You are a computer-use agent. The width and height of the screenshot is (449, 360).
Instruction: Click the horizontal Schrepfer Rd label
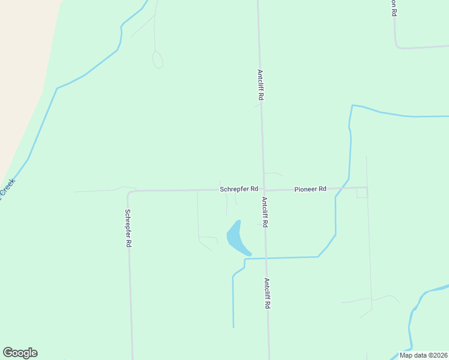(x=239, y=189)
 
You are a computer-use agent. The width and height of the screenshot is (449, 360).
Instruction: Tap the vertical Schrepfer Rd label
(x=128, y=228)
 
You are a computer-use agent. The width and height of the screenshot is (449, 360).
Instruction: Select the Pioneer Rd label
(x=310, y=189)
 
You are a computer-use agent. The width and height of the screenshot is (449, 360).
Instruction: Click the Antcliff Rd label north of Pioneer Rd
(x=261, y=85)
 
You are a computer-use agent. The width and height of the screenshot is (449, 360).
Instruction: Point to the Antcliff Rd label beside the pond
(x=264, y=212)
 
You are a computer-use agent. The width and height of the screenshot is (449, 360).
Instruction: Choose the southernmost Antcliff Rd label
(x=267, y=293)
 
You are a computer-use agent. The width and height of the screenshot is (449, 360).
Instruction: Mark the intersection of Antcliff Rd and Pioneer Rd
(x=264, y=190)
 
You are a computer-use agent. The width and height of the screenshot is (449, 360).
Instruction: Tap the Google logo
(x=20, y=353)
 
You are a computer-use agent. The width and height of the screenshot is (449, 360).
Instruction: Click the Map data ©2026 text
(x=423, y=355)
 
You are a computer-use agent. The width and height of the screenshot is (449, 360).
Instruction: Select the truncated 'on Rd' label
(x=394, y=8)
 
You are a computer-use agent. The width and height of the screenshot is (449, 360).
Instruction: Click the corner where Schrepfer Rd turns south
(x=128, y=193)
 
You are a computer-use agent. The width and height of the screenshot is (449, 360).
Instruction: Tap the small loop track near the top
(x=158, y=60)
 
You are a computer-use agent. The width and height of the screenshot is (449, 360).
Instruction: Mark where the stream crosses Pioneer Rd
(x=341, y=188)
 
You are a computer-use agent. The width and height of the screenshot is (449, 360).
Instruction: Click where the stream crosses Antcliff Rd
(x=266, y=258)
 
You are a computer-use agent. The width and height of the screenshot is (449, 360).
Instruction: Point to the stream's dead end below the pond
(x=234, y=326)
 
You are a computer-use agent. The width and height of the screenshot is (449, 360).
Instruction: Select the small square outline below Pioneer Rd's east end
(x=361, y=193)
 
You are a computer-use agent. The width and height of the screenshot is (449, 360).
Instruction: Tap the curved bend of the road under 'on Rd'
(x=397, y=45)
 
